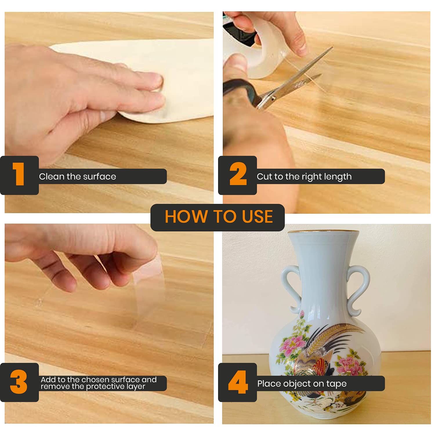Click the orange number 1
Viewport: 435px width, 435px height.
pyautogui.click(x=19, y=174)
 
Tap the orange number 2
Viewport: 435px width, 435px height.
pyautogui.click(x=238, y=174)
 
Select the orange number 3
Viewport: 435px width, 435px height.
pyautogui.click(x=19, y=382)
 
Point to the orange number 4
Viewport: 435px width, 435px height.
pyautogui.click(x=238, y=382)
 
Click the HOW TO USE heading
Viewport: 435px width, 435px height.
pyautogui.click(x=219, y=217)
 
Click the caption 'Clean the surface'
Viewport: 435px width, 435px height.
pyautogui.click(x=77, y=176)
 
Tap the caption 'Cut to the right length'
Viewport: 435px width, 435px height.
pyautogui.click(x=304, y=177)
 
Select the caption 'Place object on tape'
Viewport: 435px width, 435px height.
pyautogui.click(x=302, y=384)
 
